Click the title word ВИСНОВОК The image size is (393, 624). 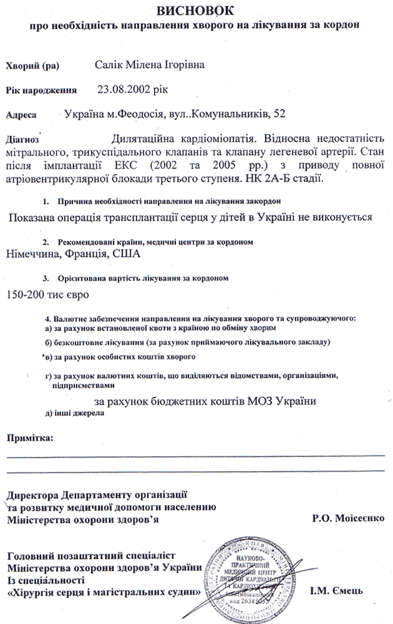coord(197,11)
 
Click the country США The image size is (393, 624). coord(127,254)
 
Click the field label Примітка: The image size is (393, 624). coord(30,437)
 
